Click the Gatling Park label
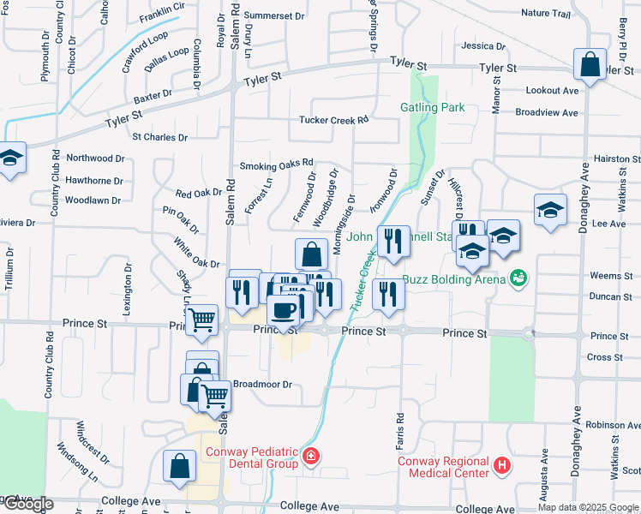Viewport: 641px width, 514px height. tap(432, 107)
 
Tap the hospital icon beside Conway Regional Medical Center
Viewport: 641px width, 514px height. tap(502, 467)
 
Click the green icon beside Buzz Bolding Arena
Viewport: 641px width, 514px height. tap(518, 278)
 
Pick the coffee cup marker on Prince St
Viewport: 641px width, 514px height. tap(285, 311)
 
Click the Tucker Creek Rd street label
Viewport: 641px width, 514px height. tap(333, 120)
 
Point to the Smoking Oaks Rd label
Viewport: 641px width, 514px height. tap(277, 164)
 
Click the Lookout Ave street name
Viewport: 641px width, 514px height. tap(552, 90)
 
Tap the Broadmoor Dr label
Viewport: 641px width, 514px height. tap(263, 385)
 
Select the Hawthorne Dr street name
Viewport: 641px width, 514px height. tap(94, 181)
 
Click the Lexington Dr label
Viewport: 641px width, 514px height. tap(128, 290)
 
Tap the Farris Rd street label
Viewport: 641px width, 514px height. tap(399, 428)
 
